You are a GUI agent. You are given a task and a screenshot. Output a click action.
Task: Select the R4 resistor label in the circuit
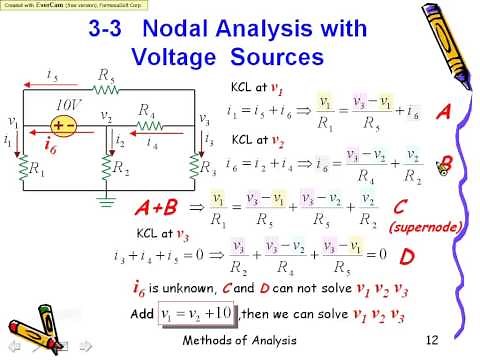[x=147, y=110]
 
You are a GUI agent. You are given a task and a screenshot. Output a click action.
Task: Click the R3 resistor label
[x=208, y=167]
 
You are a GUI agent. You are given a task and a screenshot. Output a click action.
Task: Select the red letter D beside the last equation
[x=408, y=257]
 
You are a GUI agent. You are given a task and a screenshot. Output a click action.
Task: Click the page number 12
[x=432, y=342]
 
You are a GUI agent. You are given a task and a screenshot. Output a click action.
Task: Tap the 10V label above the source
[x=68, y=103]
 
